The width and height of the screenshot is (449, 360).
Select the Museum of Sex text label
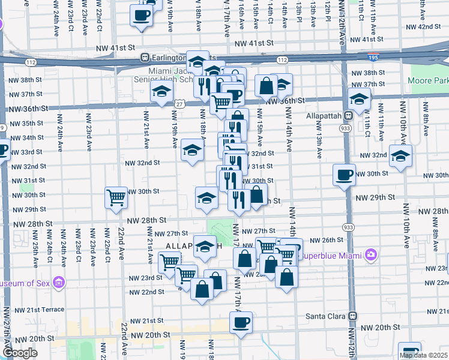pyautogui.click(x=25, y=283)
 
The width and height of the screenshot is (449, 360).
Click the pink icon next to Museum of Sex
pyautogui.click(x=58, y=281)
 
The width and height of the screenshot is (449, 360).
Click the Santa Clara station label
pyautogui.click(x=325, y=316)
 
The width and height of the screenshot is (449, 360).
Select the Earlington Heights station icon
pyautogui.click(x=145, y=58)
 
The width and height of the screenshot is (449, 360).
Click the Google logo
pyautogui.click(x=20, y=353)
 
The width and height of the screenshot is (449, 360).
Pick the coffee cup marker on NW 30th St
pyautogui.click(x=344, y=175)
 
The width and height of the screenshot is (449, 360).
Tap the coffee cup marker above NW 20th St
pyautogui.click(x=241, y=322)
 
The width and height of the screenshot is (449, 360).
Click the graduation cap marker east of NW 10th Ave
pyautogui.click(x=400, y=156)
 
